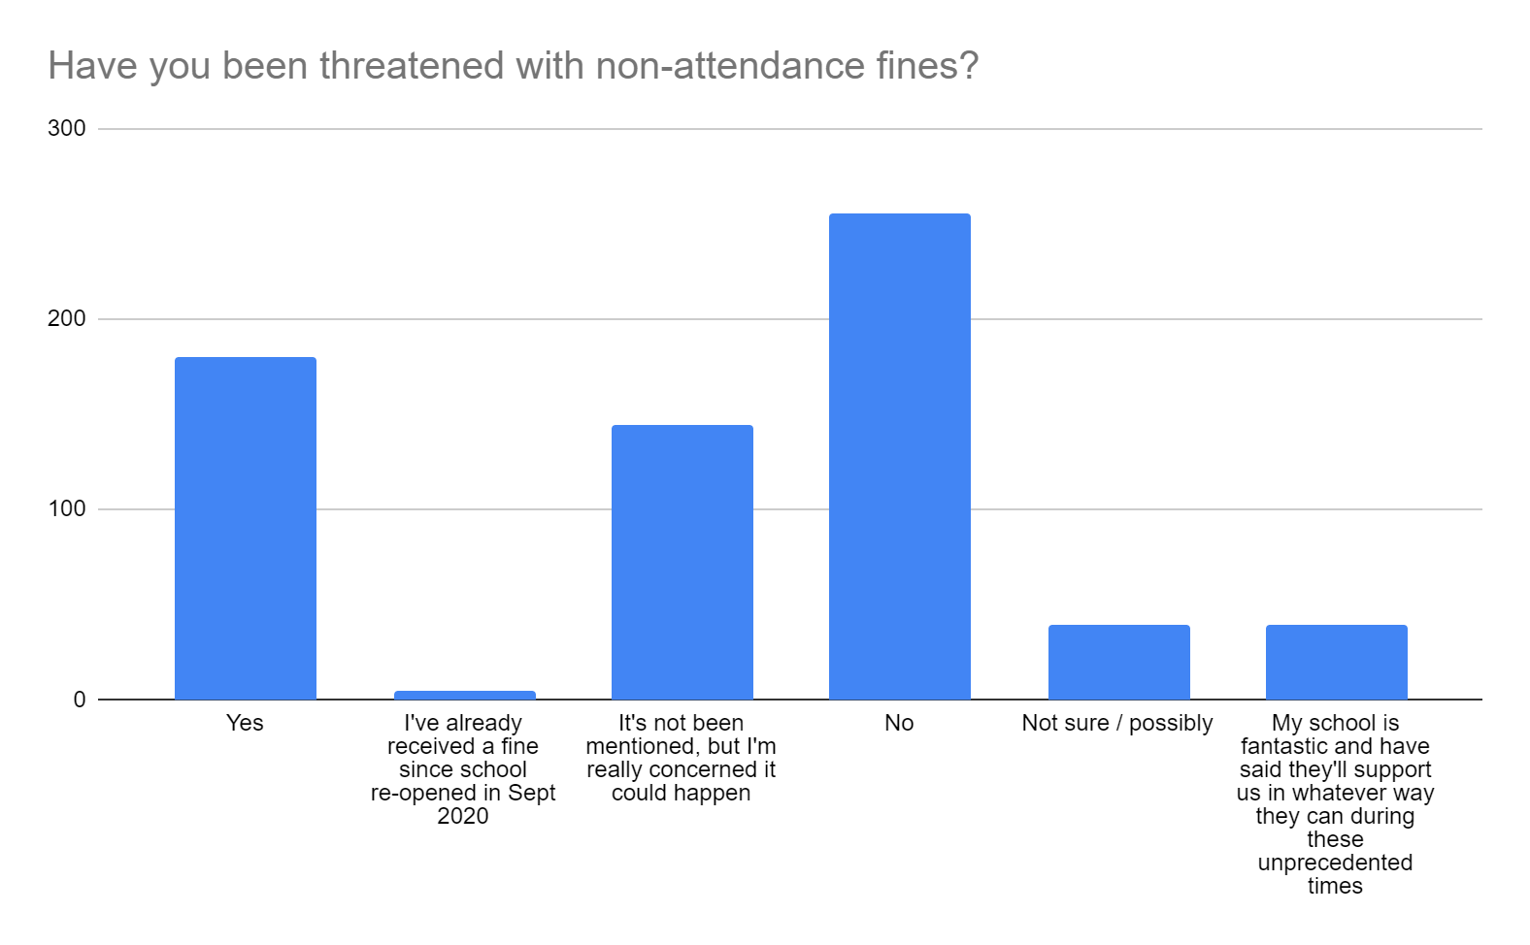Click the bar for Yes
245,528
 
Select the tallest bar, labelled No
899,456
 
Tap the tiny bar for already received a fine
464,695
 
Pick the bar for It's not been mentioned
682,562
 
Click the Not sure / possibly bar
1118,662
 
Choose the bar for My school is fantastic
1336,662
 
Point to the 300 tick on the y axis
67,129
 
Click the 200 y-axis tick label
67,319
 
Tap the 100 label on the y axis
67,509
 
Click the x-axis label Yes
245,724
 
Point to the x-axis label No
899,724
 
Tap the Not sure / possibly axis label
1117,724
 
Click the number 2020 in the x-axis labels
463,816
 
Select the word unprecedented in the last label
1335,863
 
